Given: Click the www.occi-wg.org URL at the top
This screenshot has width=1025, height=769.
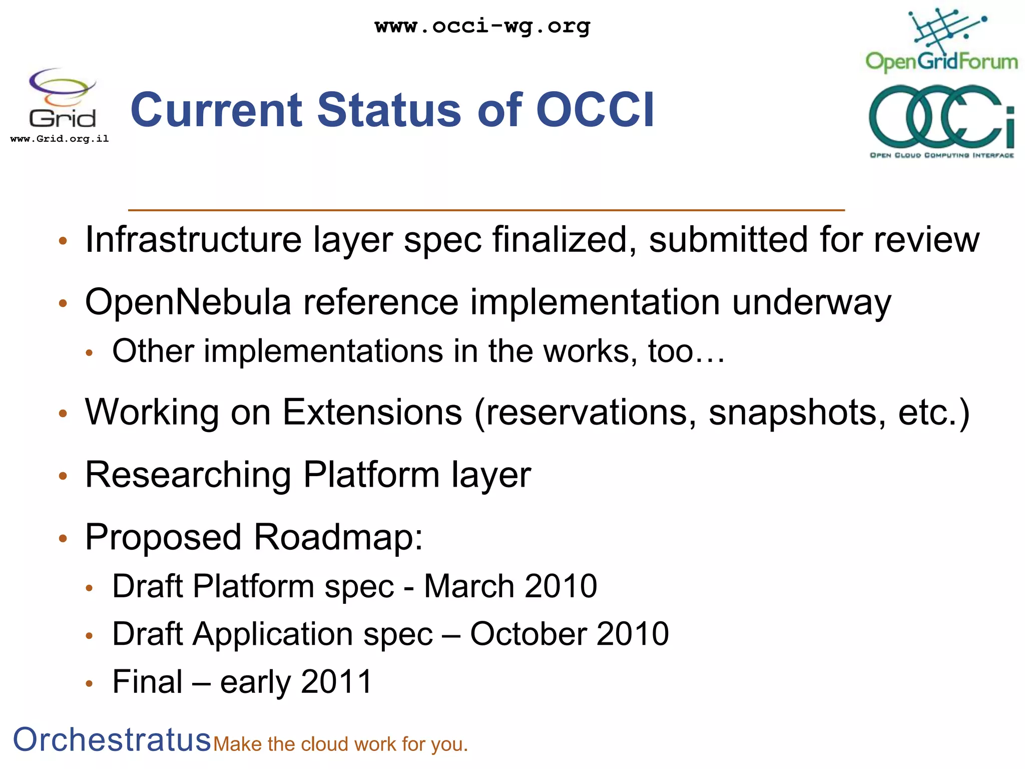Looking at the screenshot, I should (482, 26).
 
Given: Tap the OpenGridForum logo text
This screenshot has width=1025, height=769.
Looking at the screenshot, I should (941, 62).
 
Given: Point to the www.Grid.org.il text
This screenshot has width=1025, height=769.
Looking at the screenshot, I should (60, 139).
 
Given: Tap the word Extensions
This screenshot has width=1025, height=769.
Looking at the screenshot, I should (372, 412).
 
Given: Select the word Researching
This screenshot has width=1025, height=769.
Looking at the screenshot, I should (188, 475).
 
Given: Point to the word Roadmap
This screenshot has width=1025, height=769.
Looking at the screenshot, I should (338, 537).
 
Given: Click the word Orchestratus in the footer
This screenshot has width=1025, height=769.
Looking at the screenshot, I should (112, 739).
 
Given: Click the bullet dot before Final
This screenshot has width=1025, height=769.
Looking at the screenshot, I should (90, 684).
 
